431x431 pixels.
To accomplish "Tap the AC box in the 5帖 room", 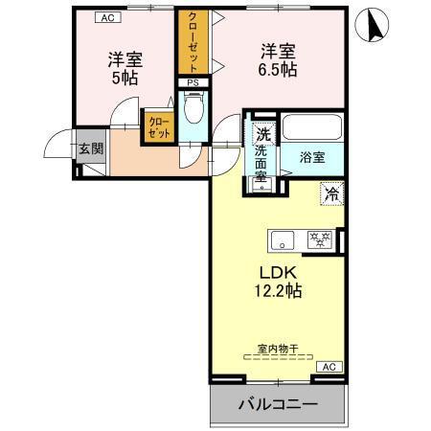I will (108, 16).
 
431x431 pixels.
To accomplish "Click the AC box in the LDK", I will (328, 367).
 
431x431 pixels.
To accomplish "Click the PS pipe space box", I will (193, 83).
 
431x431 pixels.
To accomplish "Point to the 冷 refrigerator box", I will (331, 193).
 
